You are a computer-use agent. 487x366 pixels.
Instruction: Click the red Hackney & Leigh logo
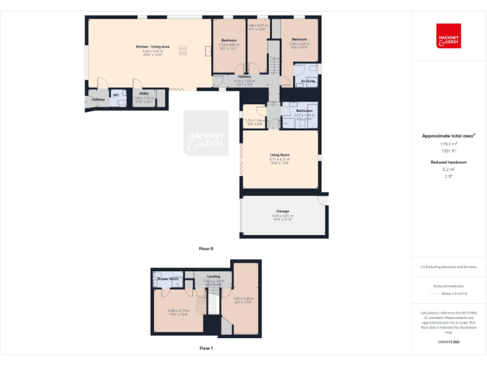coord(448,36)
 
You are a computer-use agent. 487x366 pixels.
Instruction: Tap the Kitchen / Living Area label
coord(152,47)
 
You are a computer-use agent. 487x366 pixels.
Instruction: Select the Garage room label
coord(282,211)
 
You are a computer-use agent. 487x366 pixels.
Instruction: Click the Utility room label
coord(144,93)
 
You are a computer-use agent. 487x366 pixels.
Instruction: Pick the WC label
coord(116,95)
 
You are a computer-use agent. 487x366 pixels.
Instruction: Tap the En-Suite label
coord(308,81)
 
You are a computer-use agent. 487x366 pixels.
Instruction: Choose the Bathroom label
coord(304,111)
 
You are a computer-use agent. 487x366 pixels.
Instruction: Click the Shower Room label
coord(169,279)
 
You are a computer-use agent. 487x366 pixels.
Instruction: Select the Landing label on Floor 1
coord(214,276)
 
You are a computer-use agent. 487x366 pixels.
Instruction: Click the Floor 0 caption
coord(206,248)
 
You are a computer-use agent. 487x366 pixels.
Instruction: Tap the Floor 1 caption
coord(206,348)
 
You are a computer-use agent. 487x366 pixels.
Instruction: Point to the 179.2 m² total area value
coord(448,144)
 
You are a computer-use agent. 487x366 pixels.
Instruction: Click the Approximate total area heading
coord(447,136)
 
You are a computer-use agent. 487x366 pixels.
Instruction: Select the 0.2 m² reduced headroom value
coord(448,170)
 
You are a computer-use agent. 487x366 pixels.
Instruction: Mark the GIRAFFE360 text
coord(448,342)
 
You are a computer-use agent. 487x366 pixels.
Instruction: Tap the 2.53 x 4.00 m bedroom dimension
coord(228,44)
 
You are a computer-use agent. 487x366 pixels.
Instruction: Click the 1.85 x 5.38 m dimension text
coord(243,299)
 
